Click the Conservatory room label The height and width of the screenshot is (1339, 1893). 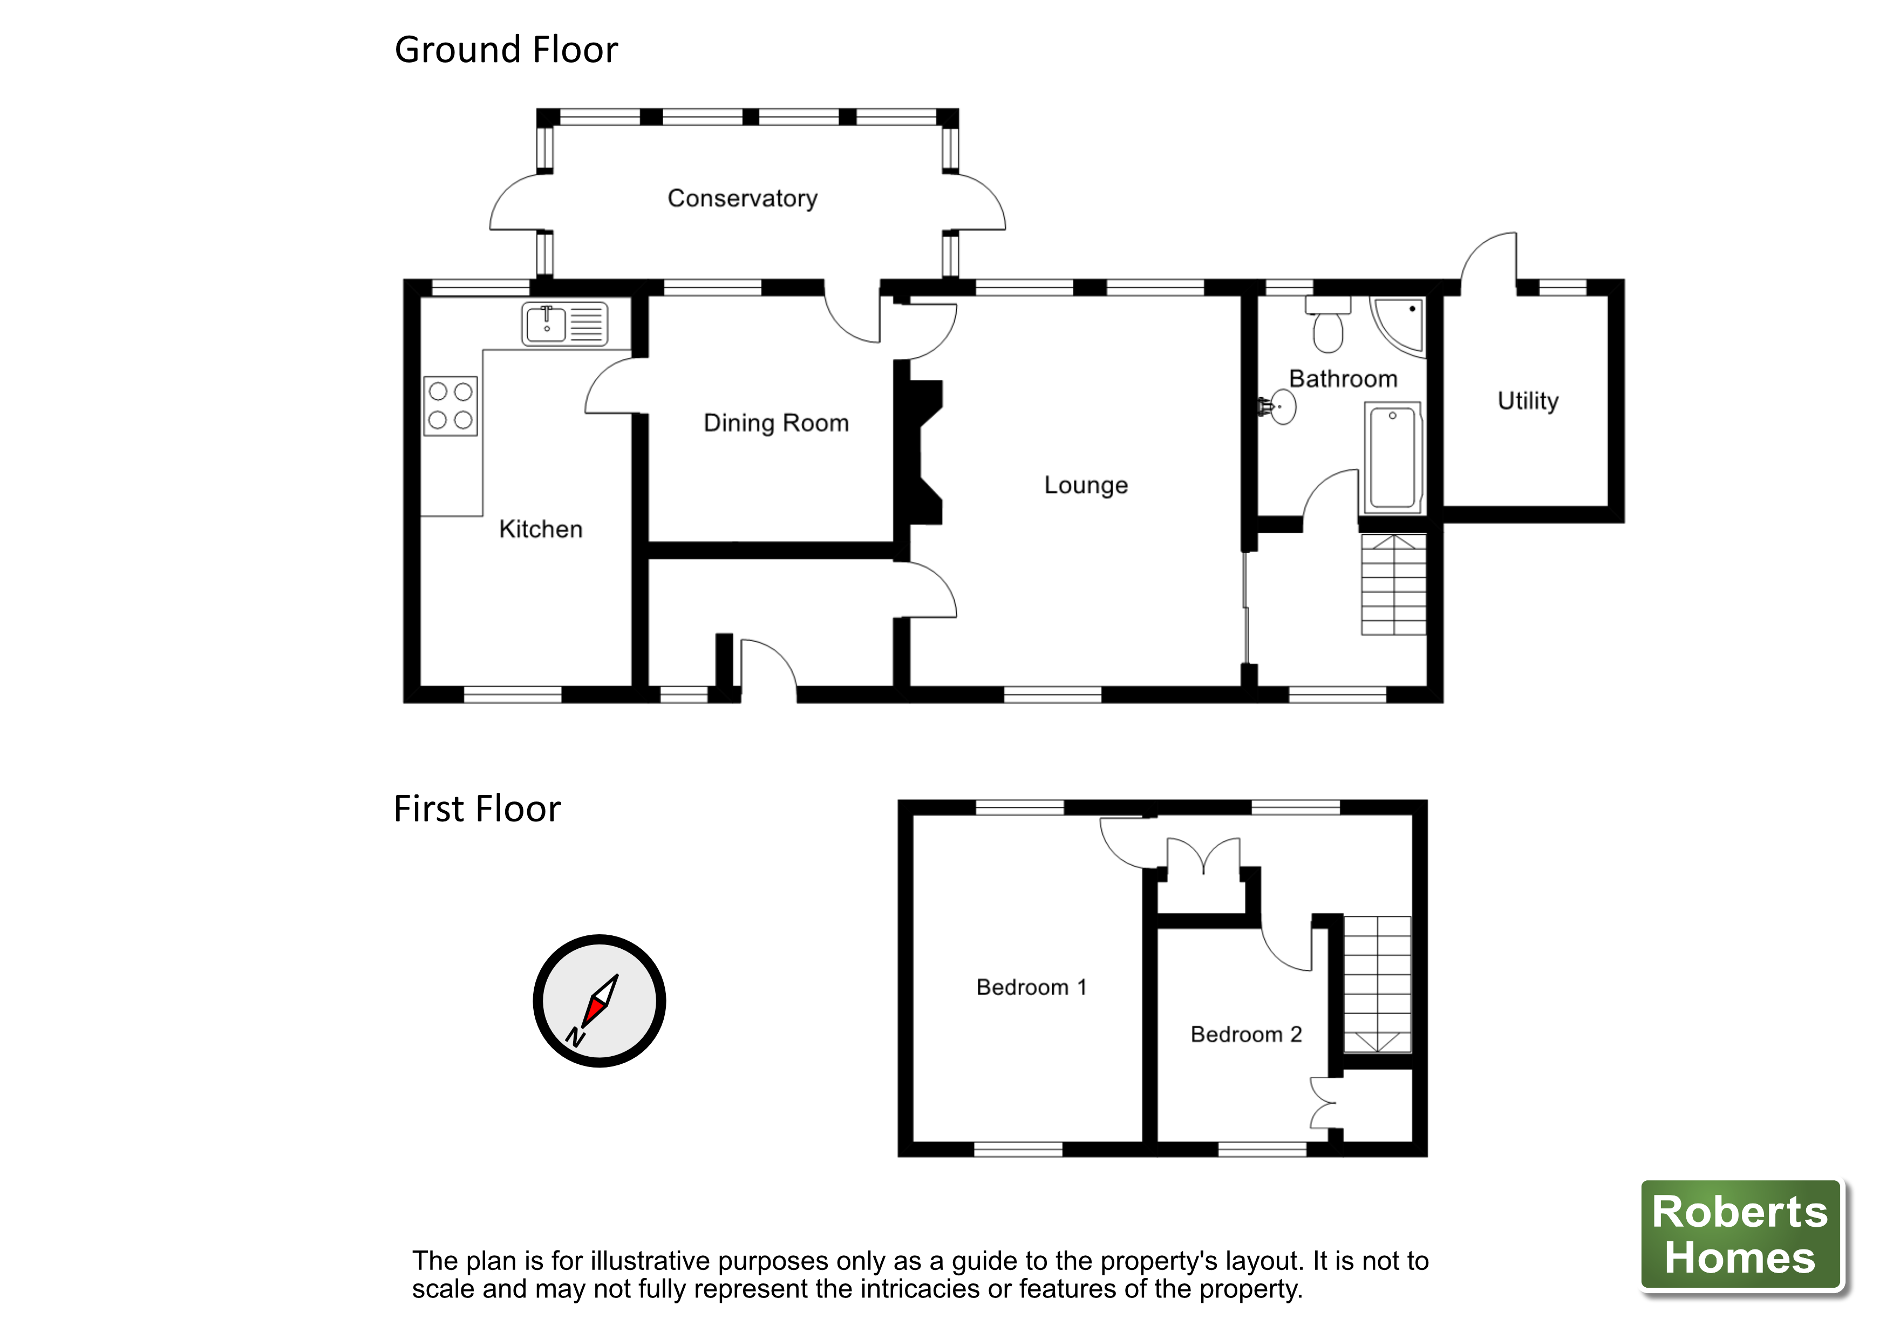pos(742,199)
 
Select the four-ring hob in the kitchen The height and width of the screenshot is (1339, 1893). pos(450,406)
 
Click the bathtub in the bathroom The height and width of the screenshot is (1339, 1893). pos(1393,458)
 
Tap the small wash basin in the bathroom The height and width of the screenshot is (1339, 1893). pos(1281,406)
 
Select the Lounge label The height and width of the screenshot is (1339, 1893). pos(1085,485)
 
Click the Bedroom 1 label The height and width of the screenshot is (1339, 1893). pos(1031,987)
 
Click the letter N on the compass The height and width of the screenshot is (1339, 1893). pos(575,1036)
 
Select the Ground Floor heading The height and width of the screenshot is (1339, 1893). pos(506,50)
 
